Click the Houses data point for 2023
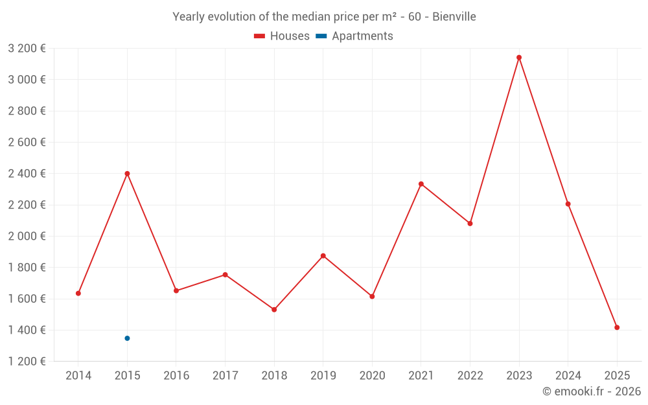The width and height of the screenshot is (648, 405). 519,58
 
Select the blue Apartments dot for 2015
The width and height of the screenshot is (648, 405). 127,338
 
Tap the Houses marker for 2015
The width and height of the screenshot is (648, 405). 127,174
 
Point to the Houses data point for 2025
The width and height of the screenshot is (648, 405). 617,328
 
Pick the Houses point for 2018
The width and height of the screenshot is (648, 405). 274,310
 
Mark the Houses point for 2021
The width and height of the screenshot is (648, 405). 421,184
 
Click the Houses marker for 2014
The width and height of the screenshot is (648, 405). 78,294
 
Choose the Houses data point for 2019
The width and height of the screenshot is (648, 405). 323,256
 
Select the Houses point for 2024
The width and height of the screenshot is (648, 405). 568,204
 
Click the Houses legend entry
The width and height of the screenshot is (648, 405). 282,36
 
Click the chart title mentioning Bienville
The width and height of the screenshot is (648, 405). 324,17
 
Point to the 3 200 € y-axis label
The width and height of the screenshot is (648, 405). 27,49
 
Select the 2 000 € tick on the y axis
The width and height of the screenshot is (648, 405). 27,237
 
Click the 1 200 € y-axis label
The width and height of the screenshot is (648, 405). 27,362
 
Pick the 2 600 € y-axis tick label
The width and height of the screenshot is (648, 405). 27,143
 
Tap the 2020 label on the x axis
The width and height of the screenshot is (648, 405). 372,376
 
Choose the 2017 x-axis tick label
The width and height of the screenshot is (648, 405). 225,376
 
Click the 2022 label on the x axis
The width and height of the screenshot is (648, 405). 470,376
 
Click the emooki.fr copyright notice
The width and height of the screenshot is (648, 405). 591,391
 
